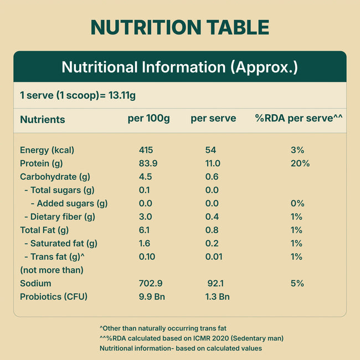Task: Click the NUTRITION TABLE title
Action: [x=180, y=27]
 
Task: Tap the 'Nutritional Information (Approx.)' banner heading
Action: [x=180, y=68]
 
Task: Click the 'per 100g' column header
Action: [x=148, y=119]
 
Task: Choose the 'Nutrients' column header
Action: [x=42, y=119]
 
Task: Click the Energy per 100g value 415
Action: [x=146, y=150]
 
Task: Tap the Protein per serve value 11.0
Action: [x=213, y=163]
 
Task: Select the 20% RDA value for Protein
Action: [x=300, y=163]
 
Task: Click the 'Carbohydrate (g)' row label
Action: [x=55, y=177]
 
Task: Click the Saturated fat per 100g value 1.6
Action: [x=144, y=243]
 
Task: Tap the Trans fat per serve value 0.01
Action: [x=213, y=256]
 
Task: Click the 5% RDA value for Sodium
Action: [x=297, y=283]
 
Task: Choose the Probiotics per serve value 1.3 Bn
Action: [x=217, y=296]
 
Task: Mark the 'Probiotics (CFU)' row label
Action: [x=54, y=296]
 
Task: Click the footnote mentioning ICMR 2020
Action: [x=191, y=338]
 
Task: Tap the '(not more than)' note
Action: [x=52, y=270]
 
